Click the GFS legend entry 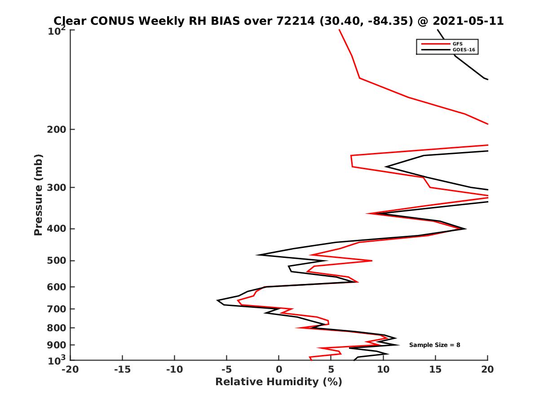click(x=458, y=44)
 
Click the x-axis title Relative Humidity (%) click(x=278, y=382)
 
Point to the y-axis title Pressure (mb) click(x=38, y=194)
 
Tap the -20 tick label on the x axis click(x=70, y=369)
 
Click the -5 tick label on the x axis click(x=226, y=369)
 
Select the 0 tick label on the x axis click(x=279, y=369)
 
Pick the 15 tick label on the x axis click(x=435, y=369)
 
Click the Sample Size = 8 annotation click(x=434, y=345)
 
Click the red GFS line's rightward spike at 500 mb click(x=371, y=261)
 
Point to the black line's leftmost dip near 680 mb click(x=218, y=300)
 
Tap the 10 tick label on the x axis click(x=383, y=369)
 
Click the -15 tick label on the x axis click(x=122, y=369)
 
